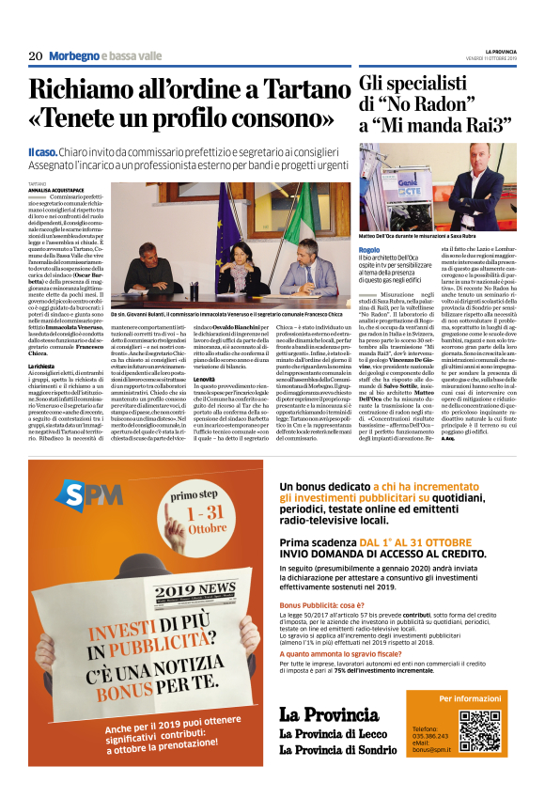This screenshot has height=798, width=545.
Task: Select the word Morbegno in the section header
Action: (x=73, y=56)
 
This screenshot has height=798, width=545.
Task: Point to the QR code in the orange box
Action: (x=480, y=731)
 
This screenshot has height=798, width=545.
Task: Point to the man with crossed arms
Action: (x=478, y=187)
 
